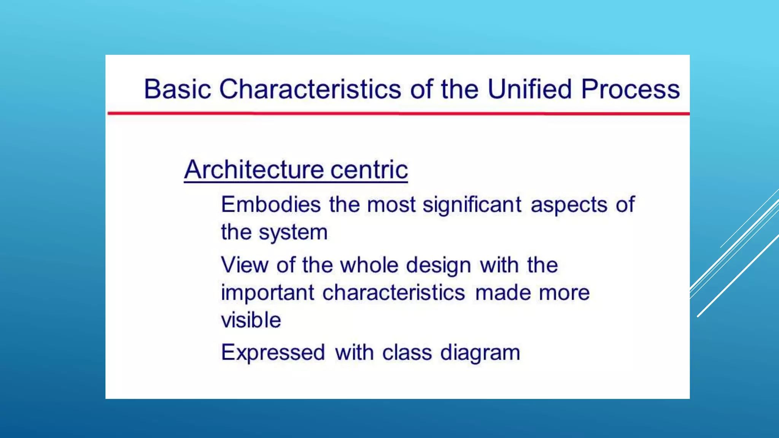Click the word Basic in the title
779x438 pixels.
(177, 89)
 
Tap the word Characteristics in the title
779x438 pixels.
(310, 89)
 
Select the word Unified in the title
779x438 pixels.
(529, 89)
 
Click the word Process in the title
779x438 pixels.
(630, 89)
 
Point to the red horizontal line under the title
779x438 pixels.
(398, 113)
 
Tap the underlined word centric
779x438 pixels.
(369, 170)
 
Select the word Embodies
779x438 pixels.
(271, 205)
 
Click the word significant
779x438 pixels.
(472, 205)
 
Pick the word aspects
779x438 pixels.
(569, 205)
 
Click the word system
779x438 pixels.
(293, 233)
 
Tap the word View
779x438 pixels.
(244, 265)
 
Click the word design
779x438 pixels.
(438, 265)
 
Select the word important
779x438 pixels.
(267, 293)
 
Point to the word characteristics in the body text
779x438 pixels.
(394, 292)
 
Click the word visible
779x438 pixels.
(251, 320)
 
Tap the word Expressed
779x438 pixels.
(273, 353)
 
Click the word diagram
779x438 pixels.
(480, 353)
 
